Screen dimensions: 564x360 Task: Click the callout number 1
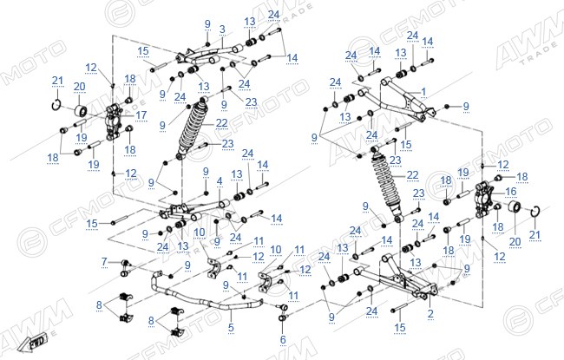[423, 92]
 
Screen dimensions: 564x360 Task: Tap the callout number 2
[430, 313]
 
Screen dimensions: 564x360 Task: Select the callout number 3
[222, 29]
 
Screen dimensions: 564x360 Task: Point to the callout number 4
[220, 181]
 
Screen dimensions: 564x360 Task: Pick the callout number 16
[511, 192]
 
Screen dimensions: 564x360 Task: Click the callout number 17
[141, 115]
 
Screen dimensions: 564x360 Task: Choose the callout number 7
[104, 261]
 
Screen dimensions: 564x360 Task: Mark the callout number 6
[283, 339]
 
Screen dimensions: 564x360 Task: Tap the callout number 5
[231, 327]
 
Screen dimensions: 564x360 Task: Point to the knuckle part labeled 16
[482, 200]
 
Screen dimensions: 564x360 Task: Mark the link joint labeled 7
[125, 268]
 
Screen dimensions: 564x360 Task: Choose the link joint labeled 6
[283, 312]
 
